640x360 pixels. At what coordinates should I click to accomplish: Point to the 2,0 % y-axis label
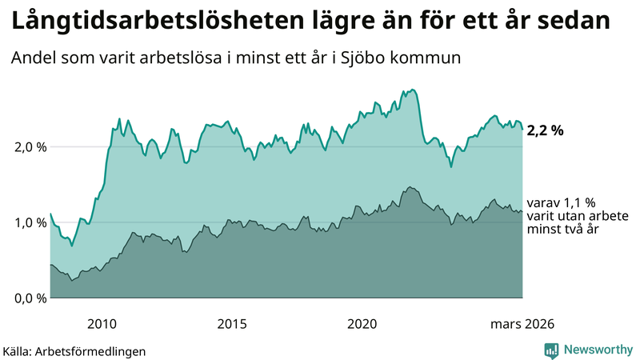click(29, 147)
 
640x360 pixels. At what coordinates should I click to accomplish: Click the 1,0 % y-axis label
click(29, 222)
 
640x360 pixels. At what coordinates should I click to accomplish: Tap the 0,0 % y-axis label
click(29, 298)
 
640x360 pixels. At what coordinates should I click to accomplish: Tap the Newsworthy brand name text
click(598, 350)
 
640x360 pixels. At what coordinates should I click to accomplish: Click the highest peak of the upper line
click(412, 90)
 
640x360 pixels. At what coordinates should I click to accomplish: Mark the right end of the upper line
click(522, 129)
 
